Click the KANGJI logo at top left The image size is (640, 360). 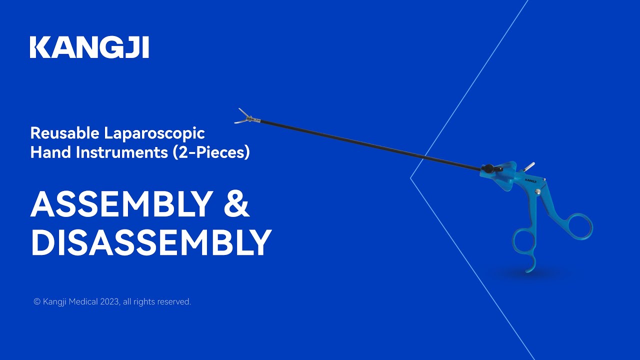[x=89, y=47]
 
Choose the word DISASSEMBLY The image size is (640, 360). [x=151, y=243]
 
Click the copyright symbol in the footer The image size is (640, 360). [x=36, y=301]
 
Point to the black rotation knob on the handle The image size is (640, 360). [x=488, y=168]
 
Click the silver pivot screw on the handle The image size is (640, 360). [x=538, y=191]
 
